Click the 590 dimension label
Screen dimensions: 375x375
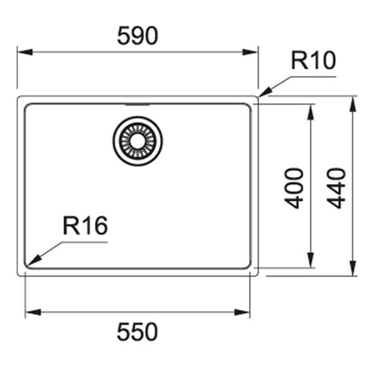(137, 35)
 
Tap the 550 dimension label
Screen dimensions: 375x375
(137, 332)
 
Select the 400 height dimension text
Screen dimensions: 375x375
(294, 188)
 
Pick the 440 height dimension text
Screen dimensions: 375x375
(336, 188)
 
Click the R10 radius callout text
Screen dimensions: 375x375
(314, 60)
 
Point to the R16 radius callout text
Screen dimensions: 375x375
(85, 226)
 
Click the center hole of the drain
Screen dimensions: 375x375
(137, 141)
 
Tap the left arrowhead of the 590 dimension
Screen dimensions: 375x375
(25, 52)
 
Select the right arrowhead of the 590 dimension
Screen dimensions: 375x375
(250, 52)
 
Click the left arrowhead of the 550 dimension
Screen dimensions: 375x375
(33, 312)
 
